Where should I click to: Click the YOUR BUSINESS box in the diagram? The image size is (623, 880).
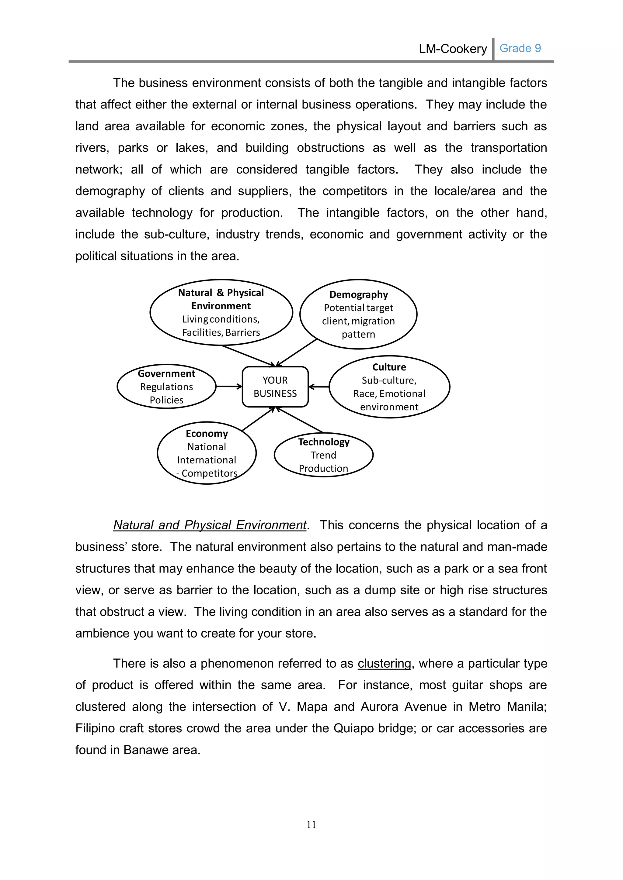(275, 387)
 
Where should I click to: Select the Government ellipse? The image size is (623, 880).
(166, 386)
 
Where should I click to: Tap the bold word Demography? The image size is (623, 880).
(358, 294)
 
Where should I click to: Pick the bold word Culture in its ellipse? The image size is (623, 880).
(389, 367)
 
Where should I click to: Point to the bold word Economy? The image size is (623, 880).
(207, 434)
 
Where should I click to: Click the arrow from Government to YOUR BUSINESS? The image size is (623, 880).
(229, 386)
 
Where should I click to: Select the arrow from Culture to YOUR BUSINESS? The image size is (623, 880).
(319, 387)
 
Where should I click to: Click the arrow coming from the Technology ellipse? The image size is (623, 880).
(300, 420)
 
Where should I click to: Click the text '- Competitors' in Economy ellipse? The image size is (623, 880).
(207, 473)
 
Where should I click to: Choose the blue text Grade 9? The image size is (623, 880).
(520, 48)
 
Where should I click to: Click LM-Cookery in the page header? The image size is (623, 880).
(453, 49)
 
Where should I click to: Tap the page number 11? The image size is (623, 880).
(311, 824)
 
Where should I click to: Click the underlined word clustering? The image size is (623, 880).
(384, 663)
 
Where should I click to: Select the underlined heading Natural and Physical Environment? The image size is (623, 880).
(210, 525)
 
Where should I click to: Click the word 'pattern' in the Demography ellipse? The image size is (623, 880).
(358, 334)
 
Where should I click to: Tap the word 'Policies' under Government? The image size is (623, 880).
(166, 400)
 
